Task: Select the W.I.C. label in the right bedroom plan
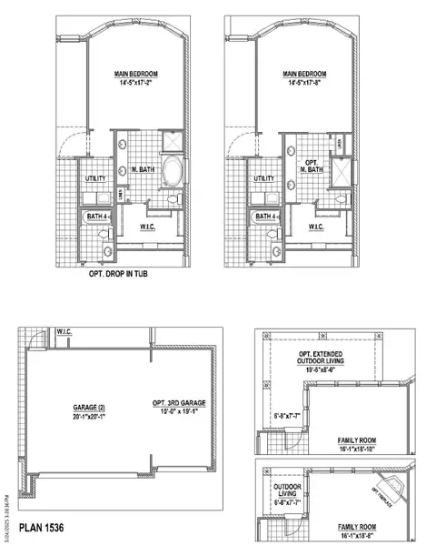[316, 226]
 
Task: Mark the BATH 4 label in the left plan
[94, 217]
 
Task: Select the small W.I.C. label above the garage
[64, 331]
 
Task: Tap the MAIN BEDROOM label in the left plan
[133, 75]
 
